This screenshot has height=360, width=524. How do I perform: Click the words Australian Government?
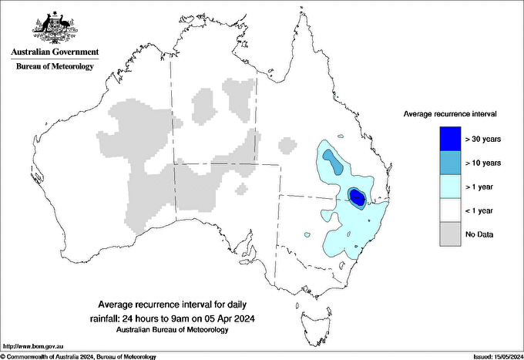[55, 52]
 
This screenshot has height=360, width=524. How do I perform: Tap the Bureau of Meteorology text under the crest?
[55, 66]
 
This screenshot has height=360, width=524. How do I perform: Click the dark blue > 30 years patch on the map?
[358, 198]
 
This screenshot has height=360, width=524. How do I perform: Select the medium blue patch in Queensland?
[333, 160]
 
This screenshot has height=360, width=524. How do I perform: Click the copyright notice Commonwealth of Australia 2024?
[78, 356]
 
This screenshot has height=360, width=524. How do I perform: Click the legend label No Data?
[479, 234]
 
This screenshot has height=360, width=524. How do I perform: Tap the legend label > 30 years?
[483, 138]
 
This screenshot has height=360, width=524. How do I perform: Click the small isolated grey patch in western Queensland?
[287, 144]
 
